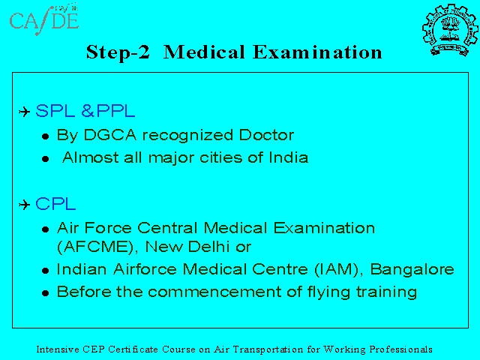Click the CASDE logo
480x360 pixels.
click(44, 19)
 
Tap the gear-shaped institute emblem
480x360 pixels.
click(450, 30)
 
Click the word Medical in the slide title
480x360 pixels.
click(204, 52)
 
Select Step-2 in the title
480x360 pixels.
click(118, 52)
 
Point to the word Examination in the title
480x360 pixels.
click(318, 52)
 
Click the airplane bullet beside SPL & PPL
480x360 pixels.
click(25, 112)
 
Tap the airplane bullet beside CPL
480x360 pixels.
click(25, 205)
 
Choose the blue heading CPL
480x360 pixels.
click(55, 204)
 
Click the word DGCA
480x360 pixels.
click(110, 135)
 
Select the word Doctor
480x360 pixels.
click(266, 135)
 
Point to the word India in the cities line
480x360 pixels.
click(288, 157)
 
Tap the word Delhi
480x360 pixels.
click(208, 247)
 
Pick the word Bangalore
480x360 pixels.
click(412, 270)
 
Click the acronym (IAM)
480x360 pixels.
click(338, 270)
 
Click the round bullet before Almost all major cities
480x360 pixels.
click(46, 159)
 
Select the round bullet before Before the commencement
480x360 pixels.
click(46, 293)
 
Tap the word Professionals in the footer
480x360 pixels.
click(400, 349)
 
